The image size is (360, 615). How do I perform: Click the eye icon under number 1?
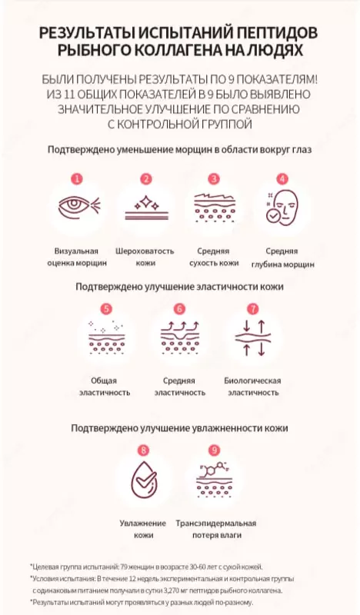point(79,205)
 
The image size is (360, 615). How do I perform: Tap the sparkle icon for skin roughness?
point(146,208)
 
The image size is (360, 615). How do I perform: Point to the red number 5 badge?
point(106,309)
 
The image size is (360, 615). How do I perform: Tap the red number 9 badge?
point(214,450)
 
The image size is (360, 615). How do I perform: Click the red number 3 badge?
point(214,179)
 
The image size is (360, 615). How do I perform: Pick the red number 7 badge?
point(253,309)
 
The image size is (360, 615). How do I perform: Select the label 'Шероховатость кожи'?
point(145,258)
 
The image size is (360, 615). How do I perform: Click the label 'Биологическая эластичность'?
point(253,387)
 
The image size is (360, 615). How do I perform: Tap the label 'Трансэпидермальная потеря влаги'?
point(216,529)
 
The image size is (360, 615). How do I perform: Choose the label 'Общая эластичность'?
point(105,387)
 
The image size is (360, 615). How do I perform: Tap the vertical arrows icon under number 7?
point(253,337)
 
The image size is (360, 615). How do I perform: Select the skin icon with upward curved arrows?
point(180,337)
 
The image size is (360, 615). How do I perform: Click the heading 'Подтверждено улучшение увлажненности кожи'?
point(179,428)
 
